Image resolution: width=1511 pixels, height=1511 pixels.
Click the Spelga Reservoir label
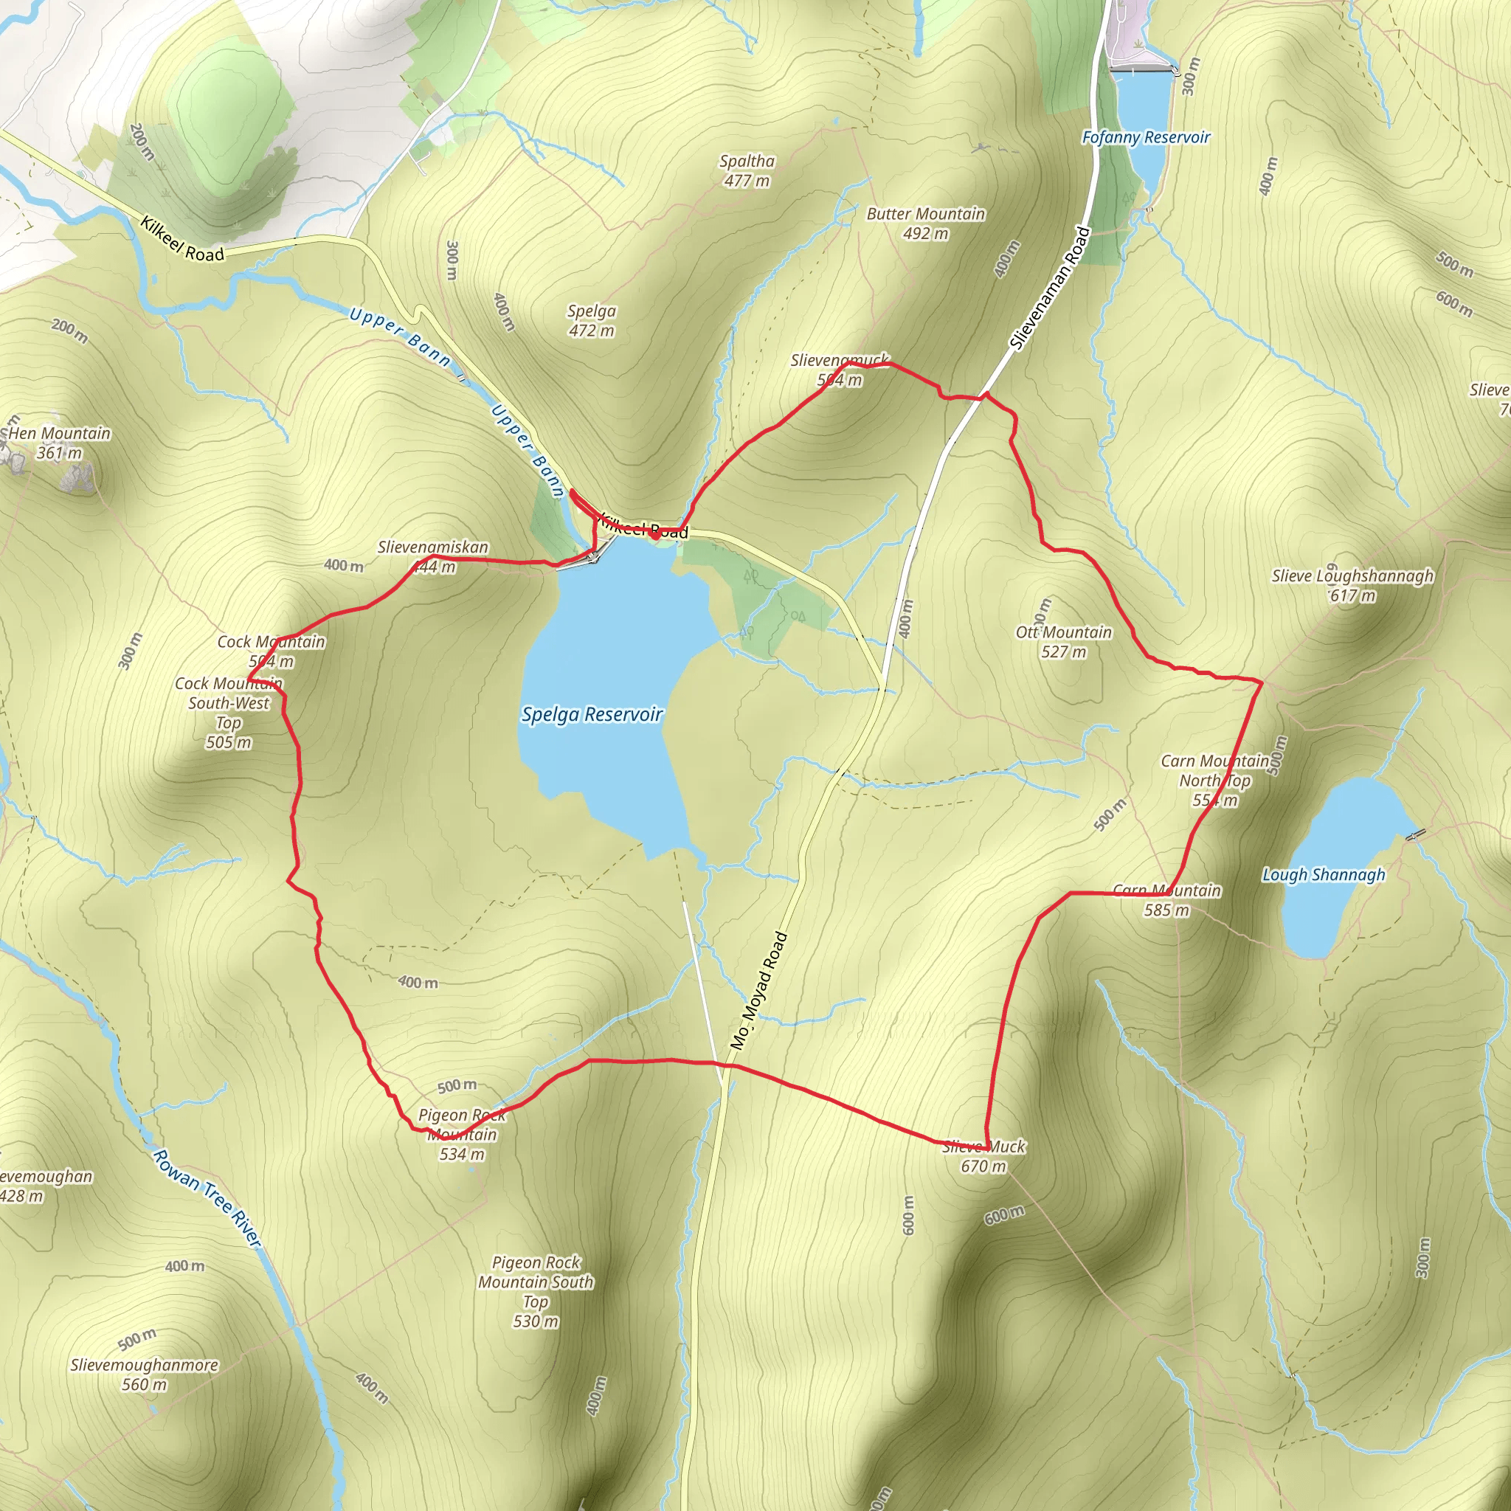click(x=592, y=714)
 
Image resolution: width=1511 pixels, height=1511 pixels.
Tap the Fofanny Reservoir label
click(x=1145, y=138)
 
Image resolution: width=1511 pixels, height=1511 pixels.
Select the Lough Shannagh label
click(x=1324, y=874)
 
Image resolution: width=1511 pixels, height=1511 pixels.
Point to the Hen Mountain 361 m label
click(x=60, y=443)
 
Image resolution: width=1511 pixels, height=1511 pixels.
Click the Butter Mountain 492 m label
click(x=925, y=223)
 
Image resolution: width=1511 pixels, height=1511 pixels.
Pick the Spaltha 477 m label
click(x=747, y=170)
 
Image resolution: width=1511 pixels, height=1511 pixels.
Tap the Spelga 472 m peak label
click(x=591, y=321)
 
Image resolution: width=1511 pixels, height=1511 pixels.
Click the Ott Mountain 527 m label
click(x=1064, y=641)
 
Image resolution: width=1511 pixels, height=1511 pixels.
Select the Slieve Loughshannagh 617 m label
click(x=1352, y=585)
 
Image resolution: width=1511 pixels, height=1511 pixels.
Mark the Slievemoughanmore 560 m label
click(x=145, y=1374)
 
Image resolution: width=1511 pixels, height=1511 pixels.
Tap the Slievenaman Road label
click(x=1050, y=288)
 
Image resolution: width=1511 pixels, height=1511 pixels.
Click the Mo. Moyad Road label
click(x=758, y=990)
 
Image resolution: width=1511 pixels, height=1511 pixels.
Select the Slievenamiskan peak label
click(x=432, y=556)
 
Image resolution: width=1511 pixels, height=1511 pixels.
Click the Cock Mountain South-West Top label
click(x=229, y=713)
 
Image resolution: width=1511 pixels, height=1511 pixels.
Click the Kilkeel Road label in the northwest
click(x=182, y=239)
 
